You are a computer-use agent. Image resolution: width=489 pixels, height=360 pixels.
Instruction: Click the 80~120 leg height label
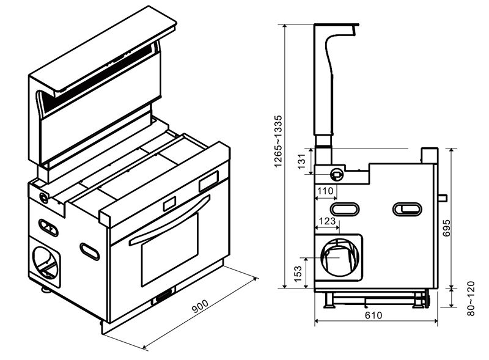[x=471, y=298]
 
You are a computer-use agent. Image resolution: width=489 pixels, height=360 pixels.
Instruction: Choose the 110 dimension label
[x=325, y=191]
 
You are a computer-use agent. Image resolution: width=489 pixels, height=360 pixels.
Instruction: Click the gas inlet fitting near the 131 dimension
[x=335, y=174]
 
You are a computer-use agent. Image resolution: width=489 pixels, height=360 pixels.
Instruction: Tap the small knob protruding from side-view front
[x=443, y=197]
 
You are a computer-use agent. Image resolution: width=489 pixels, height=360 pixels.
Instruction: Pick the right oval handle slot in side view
[x=407, y=209]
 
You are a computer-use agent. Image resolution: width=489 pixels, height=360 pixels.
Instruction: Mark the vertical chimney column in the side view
[x=323, y=86]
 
